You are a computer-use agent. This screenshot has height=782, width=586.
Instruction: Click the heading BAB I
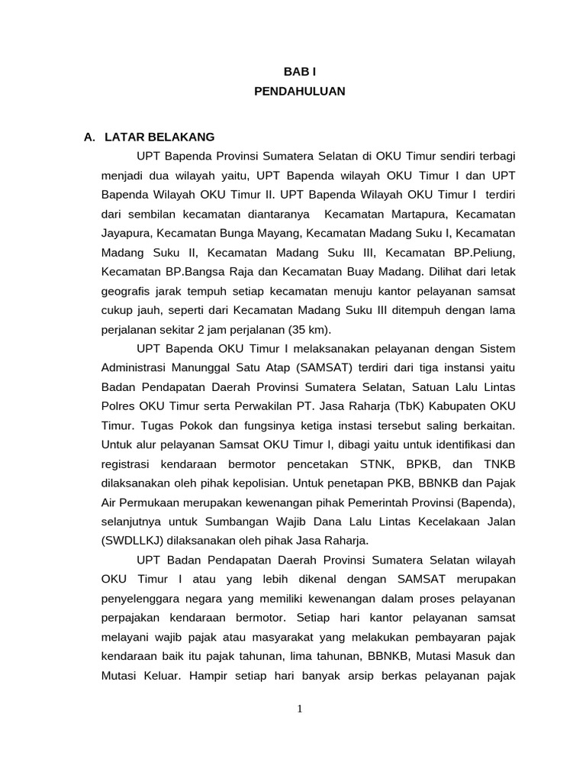click(299, 71)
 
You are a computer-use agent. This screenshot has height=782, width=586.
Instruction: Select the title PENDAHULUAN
click(299, 91)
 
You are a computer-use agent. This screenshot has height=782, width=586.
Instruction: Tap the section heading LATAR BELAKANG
click(159, 137)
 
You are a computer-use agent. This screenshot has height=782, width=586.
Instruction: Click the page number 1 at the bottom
click(300, 709)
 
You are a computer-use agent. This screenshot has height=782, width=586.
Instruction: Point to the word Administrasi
click(135, 366)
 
